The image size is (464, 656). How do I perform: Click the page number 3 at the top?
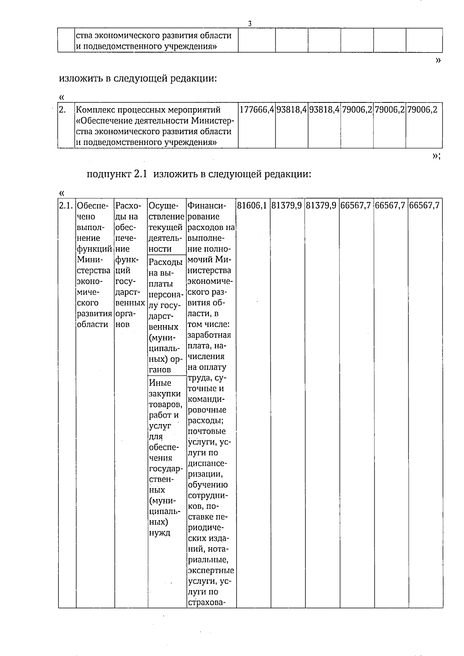pyautogui.click(x=250, y=24)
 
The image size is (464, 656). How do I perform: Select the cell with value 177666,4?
pyautogui.click(x=257, y=110)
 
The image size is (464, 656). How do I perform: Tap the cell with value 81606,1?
pyautogui.click(x=252, y=206)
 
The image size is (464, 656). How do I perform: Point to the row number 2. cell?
pyautogui.click(x=62, y=110)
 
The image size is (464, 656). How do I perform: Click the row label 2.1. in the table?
pyautogui.click(x=67, y=206)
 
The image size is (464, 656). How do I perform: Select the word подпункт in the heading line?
pyautogui.click(x=109, y=174)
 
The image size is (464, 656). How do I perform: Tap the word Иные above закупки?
pyautogui.click(x=160, y=383)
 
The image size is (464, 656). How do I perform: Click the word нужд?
pyautogui.click(x=159, y=533)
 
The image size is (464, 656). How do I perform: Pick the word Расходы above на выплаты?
pyautogui.click(x=165, y=262)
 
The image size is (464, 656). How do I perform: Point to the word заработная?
pyautogui.click(x=209, y=335)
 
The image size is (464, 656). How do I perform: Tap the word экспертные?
pyautogui.click(x=211, y=571)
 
